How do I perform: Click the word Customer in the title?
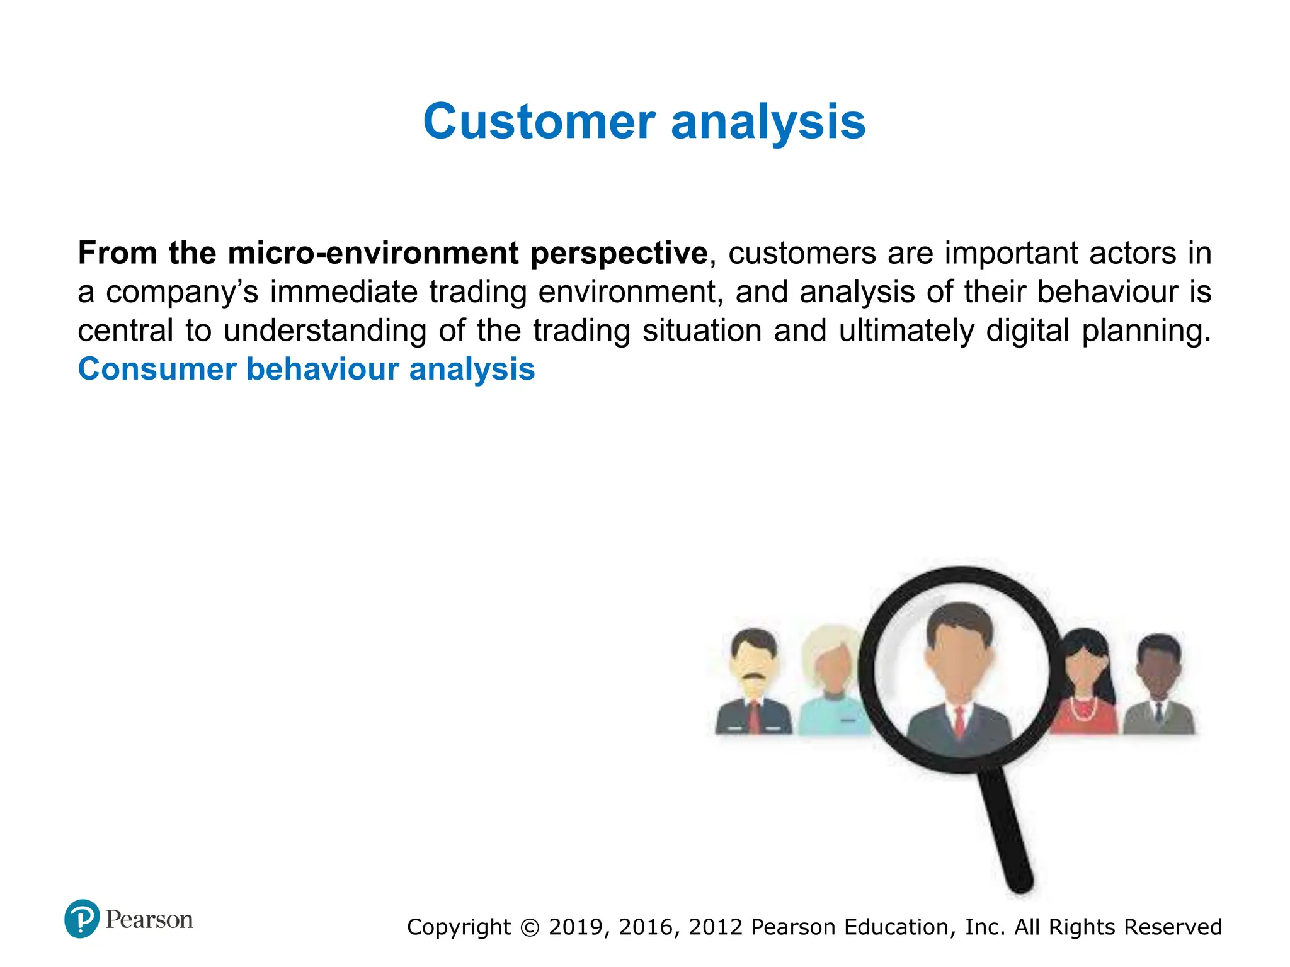(539, 122)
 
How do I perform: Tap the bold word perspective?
(619, 253)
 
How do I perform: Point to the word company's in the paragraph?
(182, 292)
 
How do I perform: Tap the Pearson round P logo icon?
(82, 919)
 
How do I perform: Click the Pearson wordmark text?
(149, 920)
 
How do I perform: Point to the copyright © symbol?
(530, 927)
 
